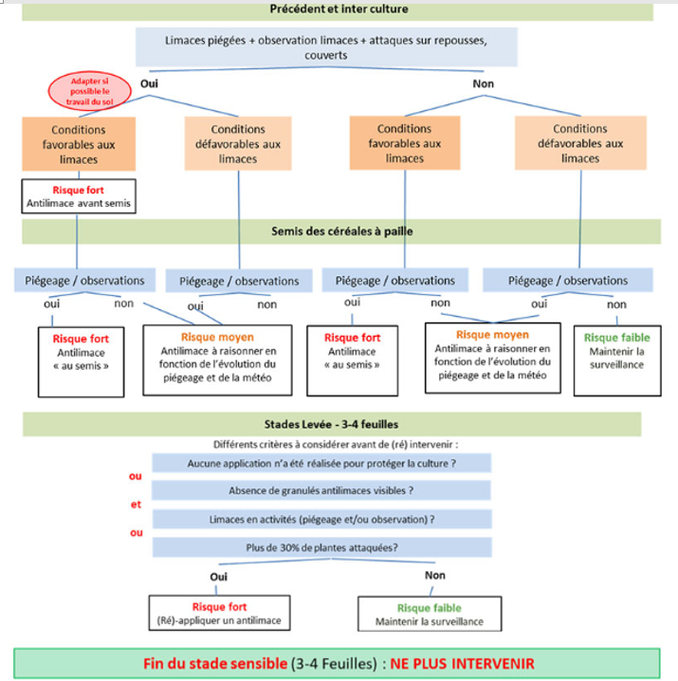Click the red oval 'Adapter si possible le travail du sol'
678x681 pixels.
pyautogui.click(x=89, y=91)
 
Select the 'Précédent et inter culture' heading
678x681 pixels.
pyautogui.click(x=339, y=9)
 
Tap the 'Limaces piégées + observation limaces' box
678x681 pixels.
pyautogui.click(x=326, y=47)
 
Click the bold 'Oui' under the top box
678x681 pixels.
pyautogui.click(x=149, y=83)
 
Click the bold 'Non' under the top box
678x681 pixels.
pyautogui.click(x=483, y=83)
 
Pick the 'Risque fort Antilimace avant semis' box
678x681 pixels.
pyautogui.click(x=79, y=196)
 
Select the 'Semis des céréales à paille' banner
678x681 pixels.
pyautogui.click(x=341, y=231)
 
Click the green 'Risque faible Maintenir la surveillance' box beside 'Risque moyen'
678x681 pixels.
pyautogui.click(x=617, y=360)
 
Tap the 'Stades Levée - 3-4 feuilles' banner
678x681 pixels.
pyautogui.click(x=332, y=424)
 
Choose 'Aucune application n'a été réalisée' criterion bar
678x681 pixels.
pyautogui.click(x=321, y=464)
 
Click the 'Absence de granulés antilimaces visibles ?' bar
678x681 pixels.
pyautogui.click(x=321, y=490)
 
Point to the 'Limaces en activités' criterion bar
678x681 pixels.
pyautogui.click(x=321, y=520)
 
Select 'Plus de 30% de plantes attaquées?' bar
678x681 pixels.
pyautogui.click(x=321, y=547)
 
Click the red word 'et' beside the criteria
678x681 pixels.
pyautogui.click(x=136, y=505)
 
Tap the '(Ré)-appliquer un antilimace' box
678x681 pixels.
pyautogui.click(x=219, y=613)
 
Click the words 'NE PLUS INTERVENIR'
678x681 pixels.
pyautogui.click(x=462, y=664)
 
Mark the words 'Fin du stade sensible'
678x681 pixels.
pyautogui.click(x=215, y=664)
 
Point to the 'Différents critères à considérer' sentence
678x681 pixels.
pyautogui.click(x=336, y=444)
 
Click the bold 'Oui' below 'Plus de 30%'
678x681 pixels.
pyautogui.click(x=218, y=577)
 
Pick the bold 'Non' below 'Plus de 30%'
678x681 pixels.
pyautogui.click(x=434, y=575)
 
